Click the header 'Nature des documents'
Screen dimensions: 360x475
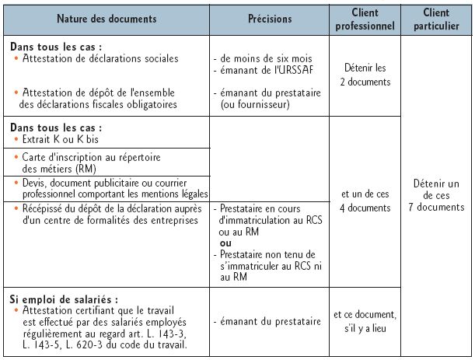click(106, 18)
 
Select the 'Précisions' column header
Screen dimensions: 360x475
click(270, 18)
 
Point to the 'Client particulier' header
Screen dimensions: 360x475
click(436, 18)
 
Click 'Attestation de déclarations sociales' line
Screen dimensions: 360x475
click(101, 58)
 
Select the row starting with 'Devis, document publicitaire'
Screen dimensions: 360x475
click(109, 187)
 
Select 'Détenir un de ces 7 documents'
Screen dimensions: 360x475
click(436, 195)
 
